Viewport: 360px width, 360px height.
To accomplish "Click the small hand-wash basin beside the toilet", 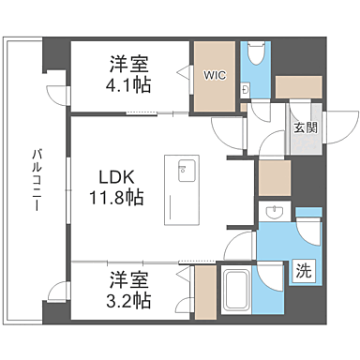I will point(245,90).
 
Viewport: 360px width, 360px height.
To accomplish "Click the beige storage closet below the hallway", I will point(274,177).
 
